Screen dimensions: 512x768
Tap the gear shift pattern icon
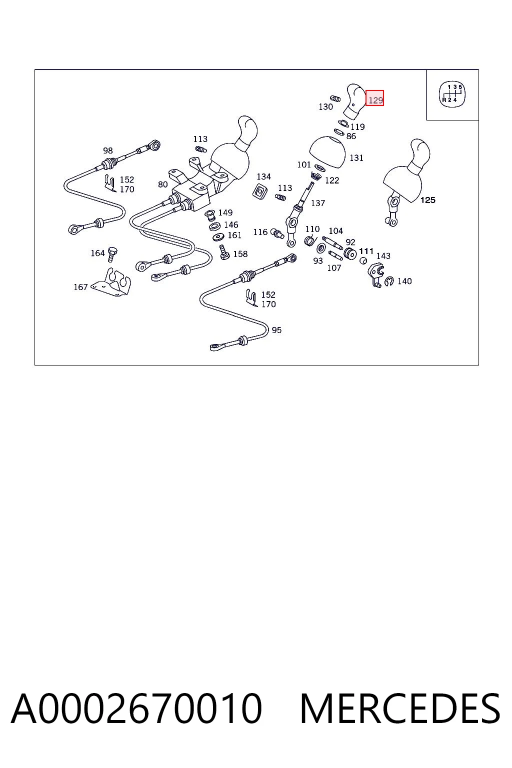(452, 94)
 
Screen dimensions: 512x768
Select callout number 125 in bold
(427, 200)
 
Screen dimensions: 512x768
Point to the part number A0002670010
(136, 708)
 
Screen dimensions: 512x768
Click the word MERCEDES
(400, 708)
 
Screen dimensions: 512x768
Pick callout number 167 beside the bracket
(80, 286)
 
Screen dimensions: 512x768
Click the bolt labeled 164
(112, 254)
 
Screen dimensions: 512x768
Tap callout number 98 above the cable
(107, 150)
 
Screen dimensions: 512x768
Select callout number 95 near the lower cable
(276, 330)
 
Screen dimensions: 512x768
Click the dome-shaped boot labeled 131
(327, 152)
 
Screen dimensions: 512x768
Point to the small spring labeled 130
(335, 98)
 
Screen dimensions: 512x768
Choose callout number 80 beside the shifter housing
(162, 184)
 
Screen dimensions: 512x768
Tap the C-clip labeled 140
(389, 281)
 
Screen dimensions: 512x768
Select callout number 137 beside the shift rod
(317, 203)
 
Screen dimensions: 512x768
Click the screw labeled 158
(224, 252)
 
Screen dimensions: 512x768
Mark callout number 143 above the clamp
(383, 256)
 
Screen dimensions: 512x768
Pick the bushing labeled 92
(350, 254)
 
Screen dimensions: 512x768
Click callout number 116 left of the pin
(260, 232)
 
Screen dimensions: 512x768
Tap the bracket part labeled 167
(113, 282)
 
